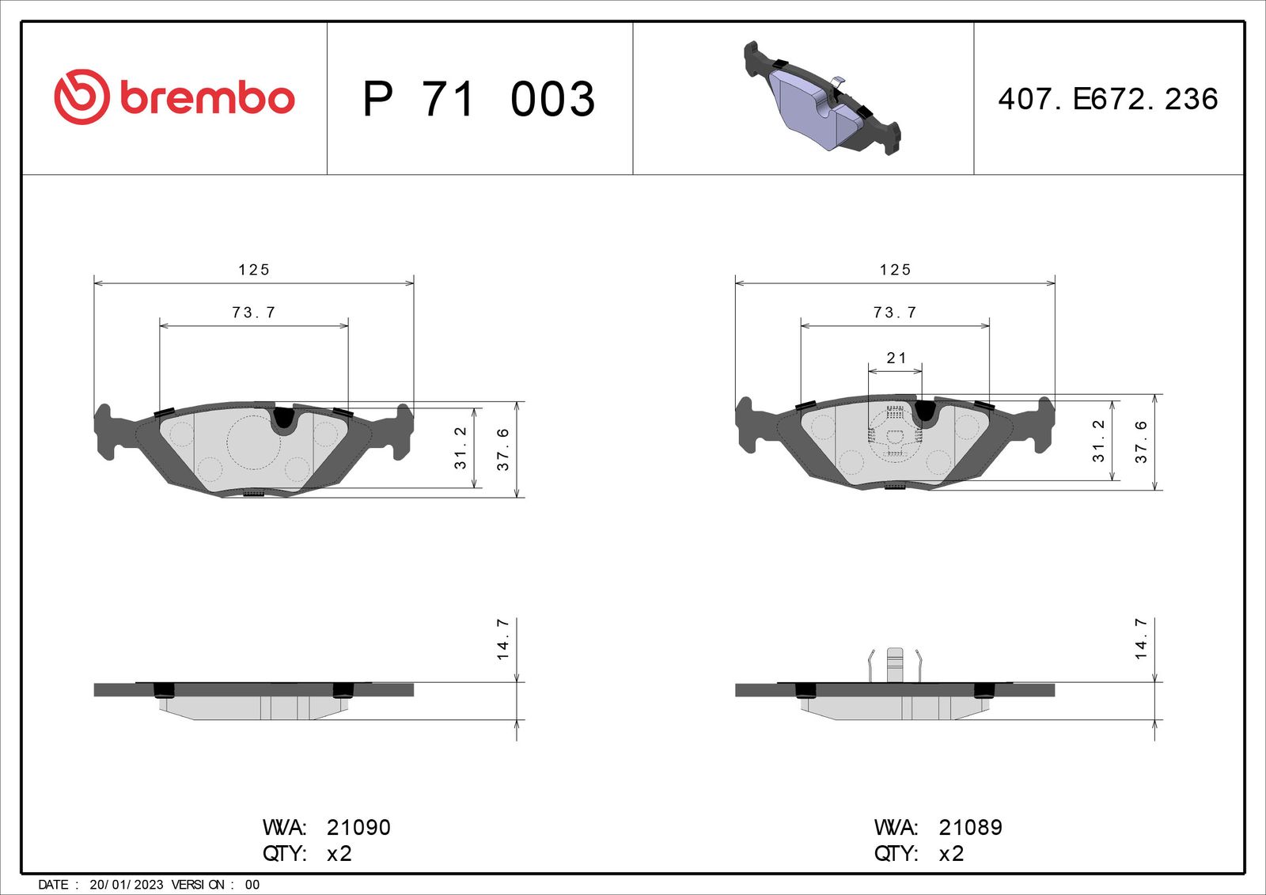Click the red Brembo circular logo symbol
(81, 97)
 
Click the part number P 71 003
(479, 99)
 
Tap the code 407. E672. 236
(1108, 99)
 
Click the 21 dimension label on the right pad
(896, 358)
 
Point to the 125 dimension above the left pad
(254, 270)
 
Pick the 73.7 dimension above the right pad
(895, 312)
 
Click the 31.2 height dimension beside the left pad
(460, 448)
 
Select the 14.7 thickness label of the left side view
(502, 639)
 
